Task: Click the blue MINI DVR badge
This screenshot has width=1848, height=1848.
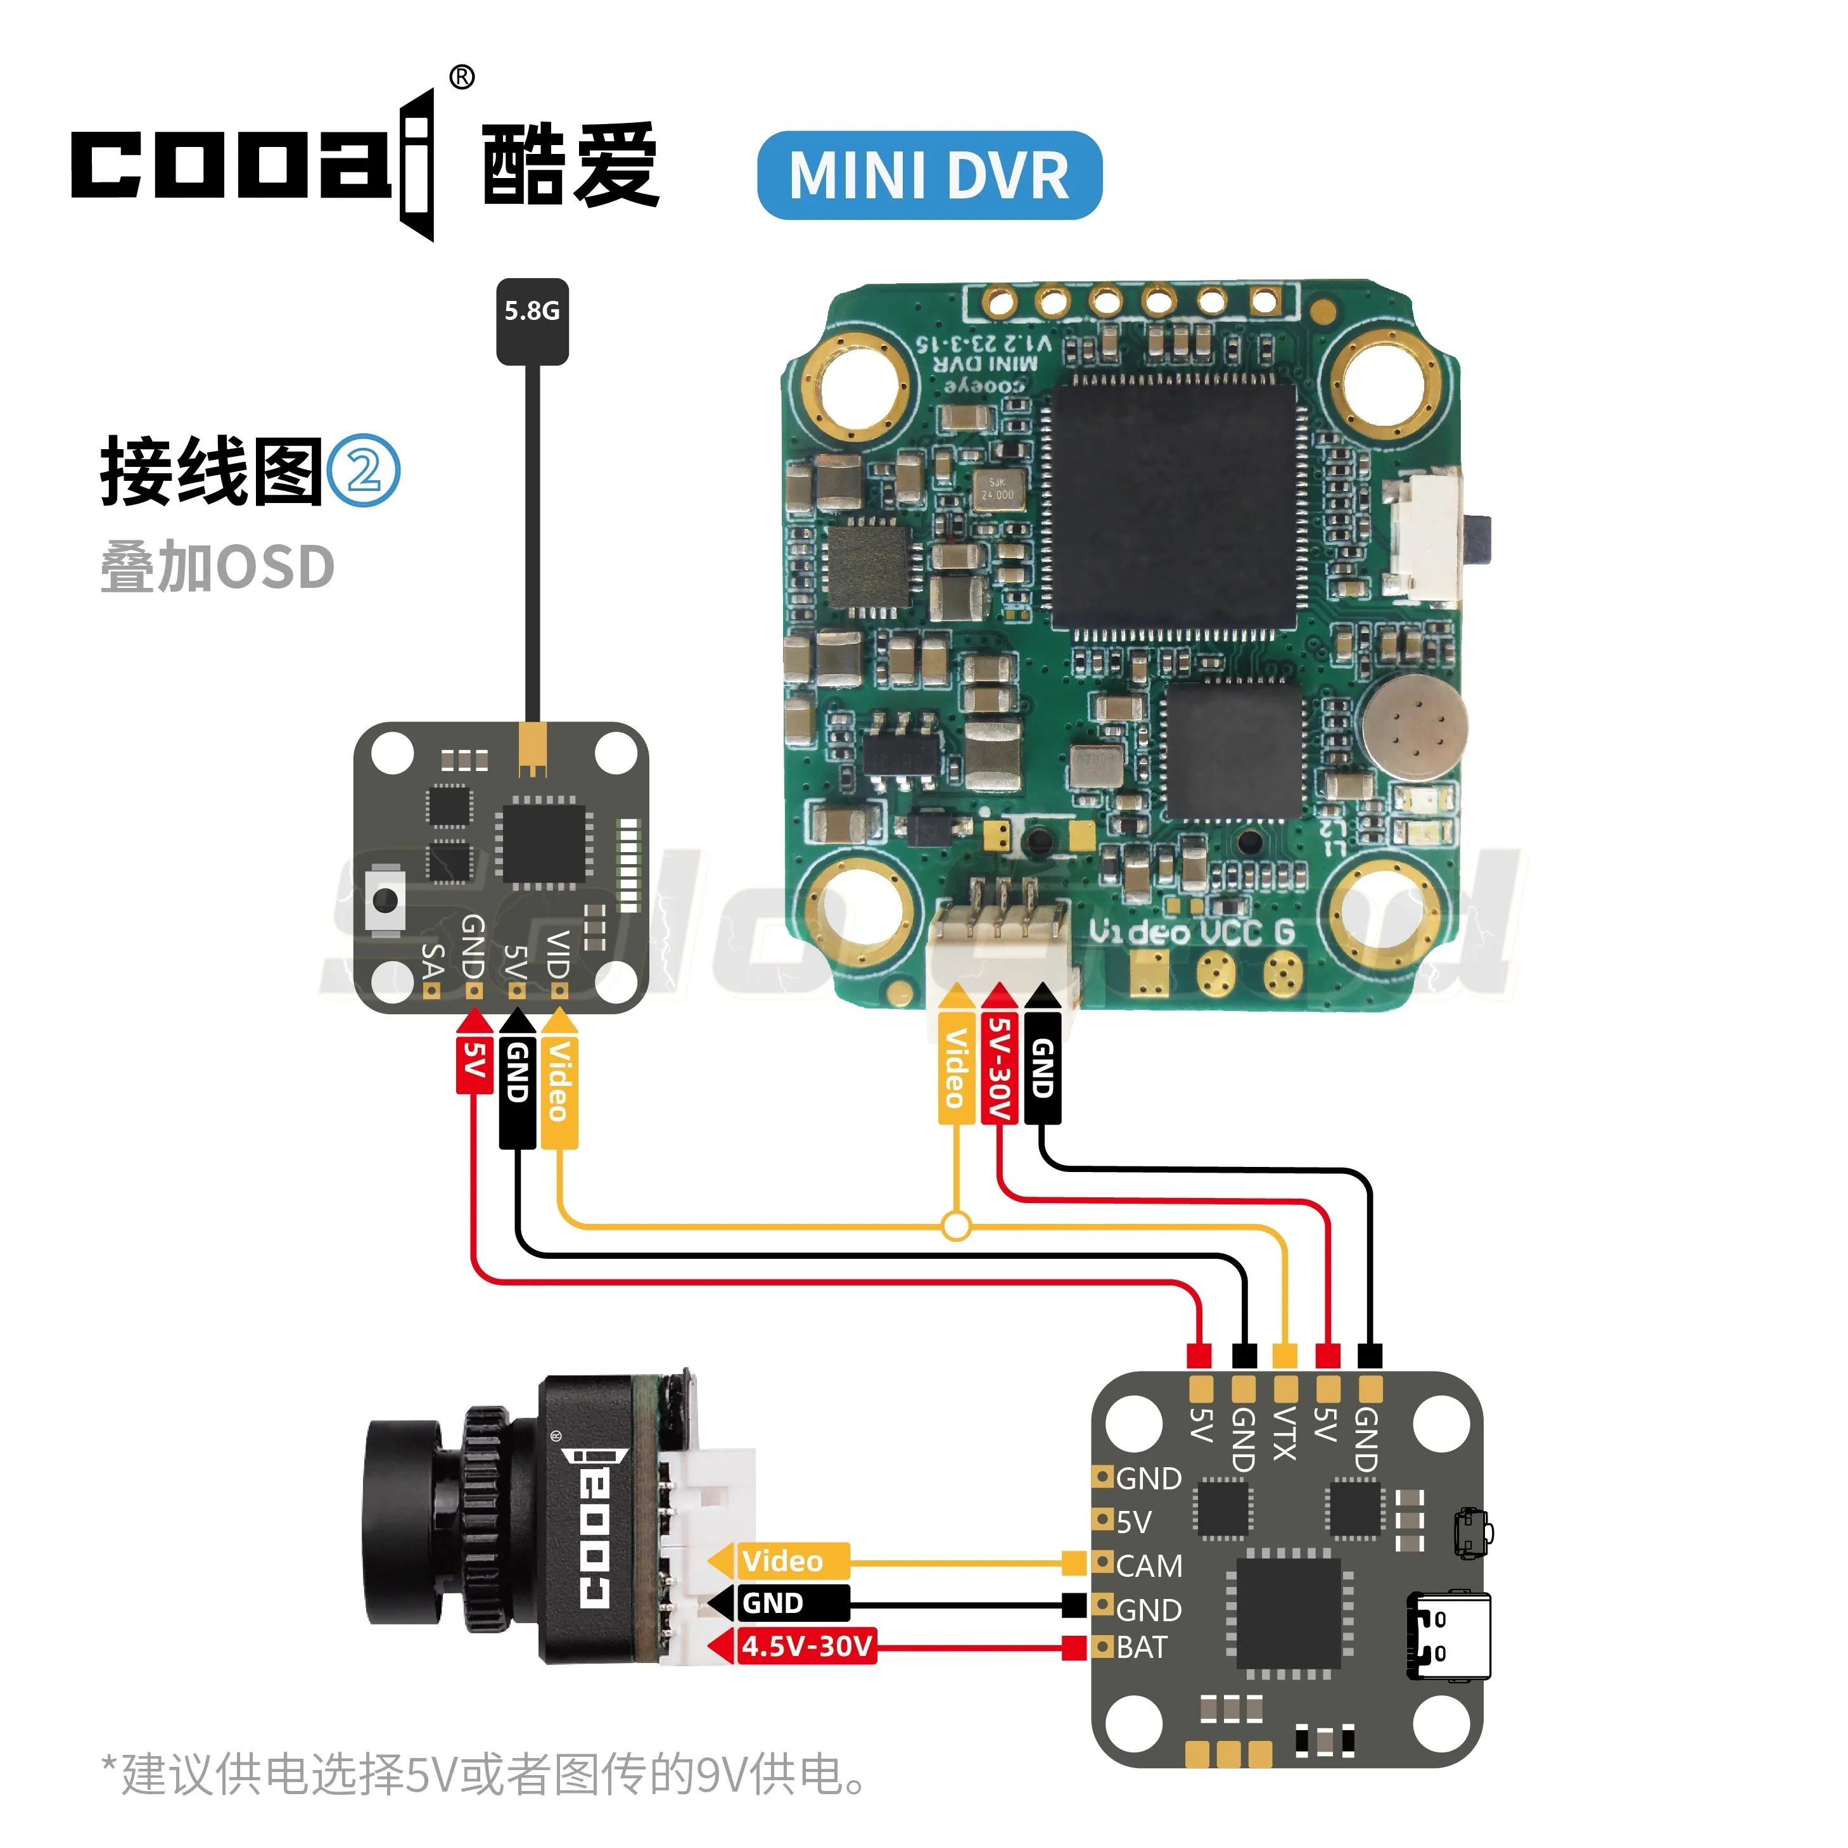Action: [929, 175]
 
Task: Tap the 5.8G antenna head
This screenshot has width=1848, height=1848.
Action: [532, 321]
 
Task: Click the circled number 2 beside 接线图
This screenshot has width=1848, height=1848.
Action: [364, 471]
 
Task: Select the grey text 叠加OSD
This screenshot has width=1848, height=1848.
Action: [217, 566]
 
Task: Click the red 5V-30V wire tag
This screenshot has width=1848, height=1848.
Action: [998, 1066]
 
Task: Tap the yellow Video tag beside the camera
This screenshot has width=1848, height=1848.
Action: [781, 1561]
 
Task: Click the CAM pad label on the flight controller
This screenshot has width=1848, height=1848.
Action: [1149, 1566]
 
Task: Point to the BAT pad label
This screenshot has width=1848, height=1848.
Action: [1141, 1647]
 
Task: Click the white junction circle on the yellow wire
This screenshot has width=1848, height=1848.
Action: [955, 1225]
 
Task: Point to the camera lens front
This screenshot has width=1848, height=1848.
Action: [397, 1521]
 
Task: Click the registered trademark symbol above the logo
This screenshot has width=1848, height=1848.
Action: [461, 77]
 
